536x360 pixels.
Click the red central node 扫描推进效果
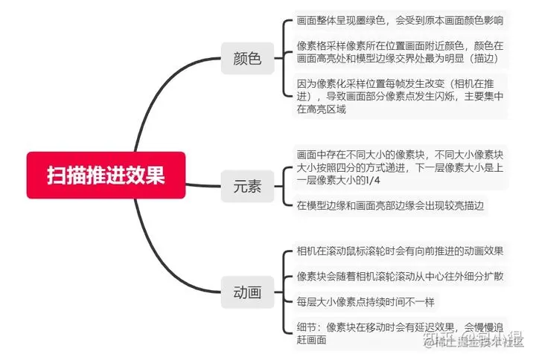coord(106,176)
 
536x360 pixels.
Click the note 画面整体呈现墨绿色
coord(400,20)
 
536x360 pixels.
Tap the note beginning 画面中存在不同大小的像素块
coord(400,168)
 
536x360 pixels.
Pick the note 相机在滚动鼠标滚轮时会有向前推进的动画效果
coord(400,251)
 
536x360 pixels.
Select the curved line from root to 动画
coord(149,253)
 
